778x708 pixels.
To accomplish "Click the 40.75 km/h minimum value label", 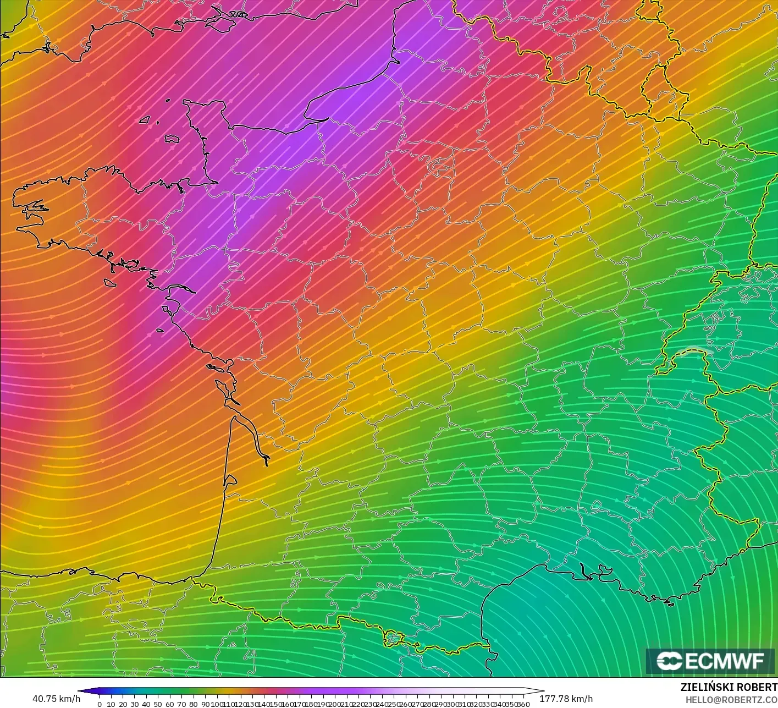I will pyautogui.click(x=56, y=699).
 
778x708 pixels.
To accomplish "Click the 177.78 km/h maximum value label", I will pyautogui.click(x=566, y=699).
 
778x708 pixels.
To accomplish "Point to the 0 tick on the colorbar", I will pyautogui.click(x=100, y=704).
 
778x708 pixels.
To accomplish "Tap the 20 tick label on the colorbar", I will pyautogui.click(x=123, y=704).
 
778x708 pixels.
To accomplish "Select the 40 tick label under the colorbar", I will pyautogui.click(x=146, y=704).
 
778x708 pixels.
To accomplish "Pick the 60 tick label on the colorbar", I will pyautogui.click(x=170, y=704).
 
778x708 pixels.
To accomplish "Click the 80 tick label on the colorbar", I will pyautogui.click(x=194, y=704).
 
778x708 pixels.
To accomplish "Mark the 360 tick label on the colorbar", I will pyautogui.click(x=523, y=704).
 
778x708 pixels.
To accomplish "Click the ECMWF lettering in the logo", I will pyautogui.click(x=725, y=661).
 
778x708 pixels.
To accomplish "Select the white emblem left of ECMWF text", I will pyautogui.click(x=670, y=661).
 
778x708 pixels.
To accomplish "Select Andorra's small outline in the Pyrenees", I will pyautogui.click(x=394, y=638).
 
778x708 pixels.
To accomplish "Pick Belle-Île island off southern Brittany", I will pyautogui.click(x=111, y=282).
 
